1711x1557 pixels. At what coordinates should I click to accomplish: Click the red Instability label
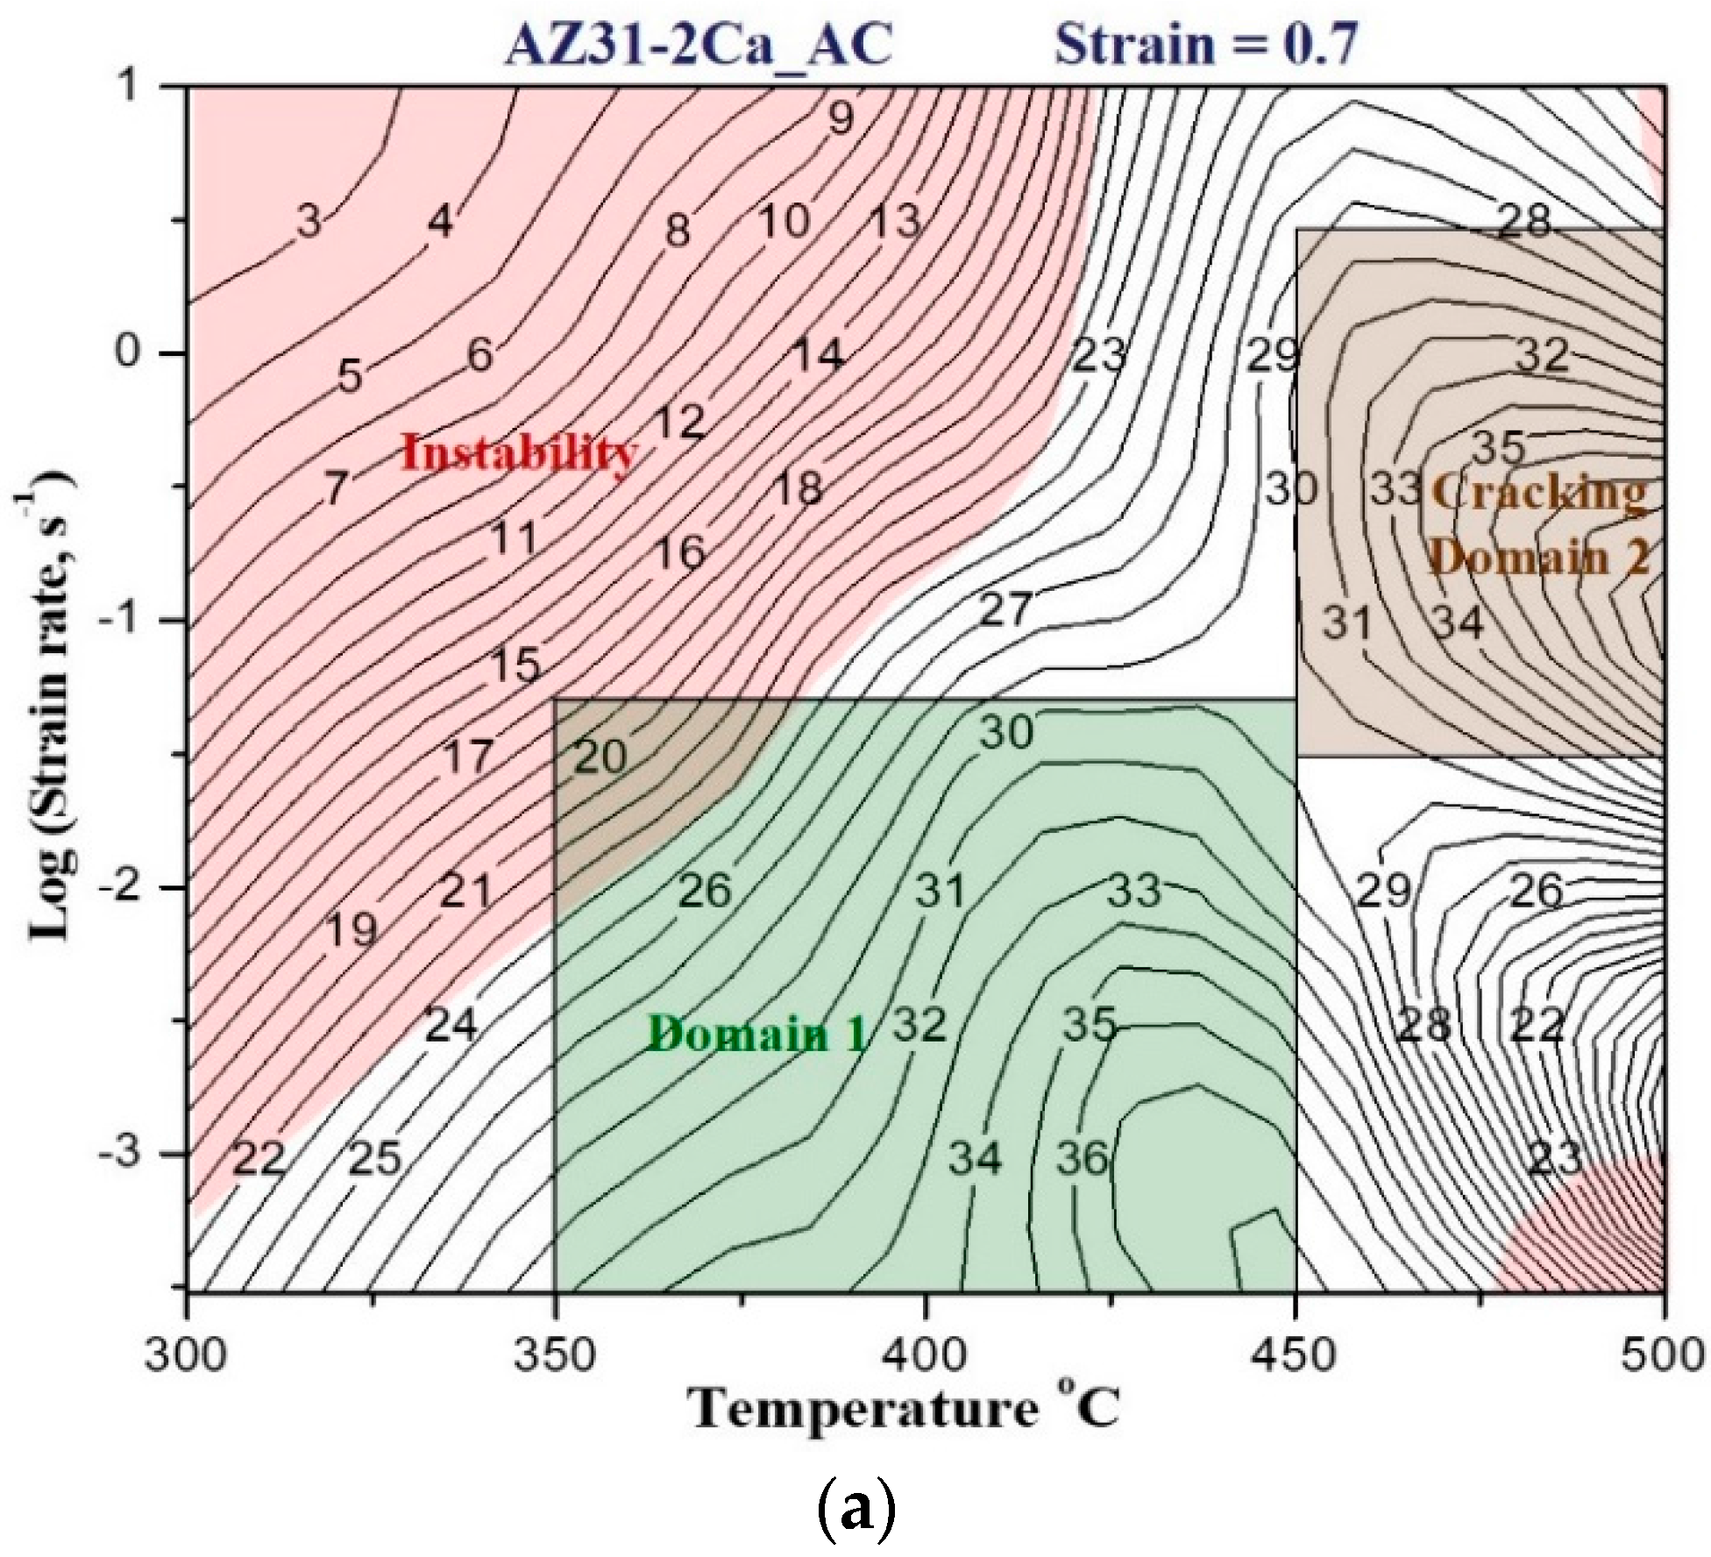[519, 453]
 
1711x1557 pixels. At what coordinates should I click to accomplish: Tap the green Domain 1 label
[757, 1034]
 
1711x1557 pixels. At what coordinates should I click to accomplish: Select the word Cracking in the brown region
[1537, 493]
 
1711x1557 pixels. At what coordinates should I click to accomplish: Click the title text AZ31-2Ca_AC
[699, 43]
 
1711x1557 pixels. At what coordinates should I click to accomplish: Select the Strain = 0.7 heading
[1206, 43]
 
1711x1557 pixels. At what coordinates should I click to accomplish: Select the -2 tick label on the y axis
[130, 886]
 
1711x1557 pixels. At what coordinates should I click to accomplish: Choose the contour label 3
[309, 222]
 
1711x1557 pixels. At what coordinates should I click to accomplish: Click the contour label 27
[1005, 608]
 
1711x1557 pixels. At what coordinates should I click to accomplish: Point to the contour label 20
[600, 757]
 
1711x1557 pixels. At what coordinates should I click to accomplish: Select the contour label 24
[451, 1024]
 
